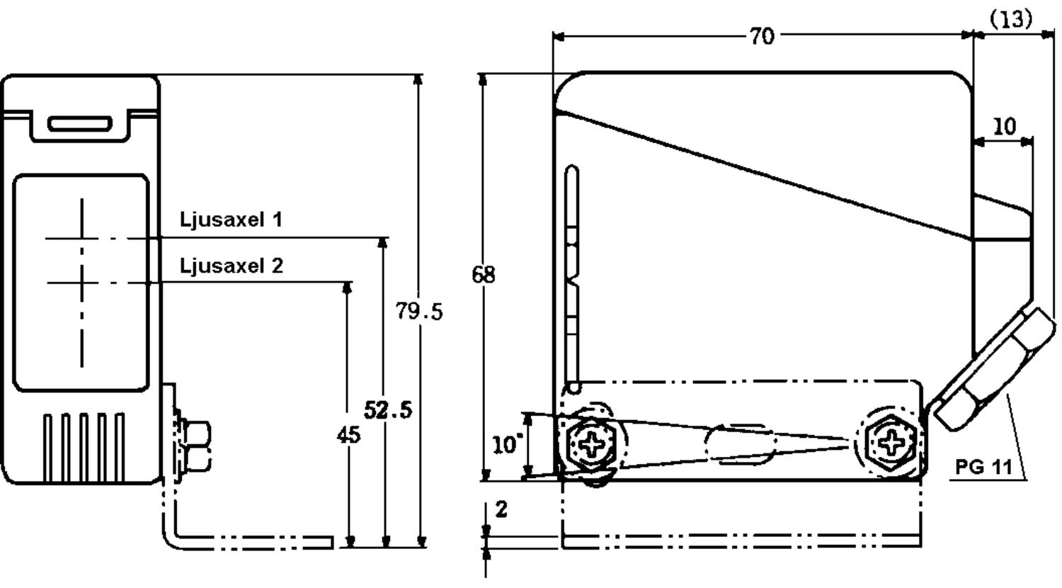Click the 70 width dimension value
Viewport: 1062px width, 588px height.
762,36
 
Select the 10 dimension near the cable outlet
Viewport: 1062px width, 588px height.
1003,127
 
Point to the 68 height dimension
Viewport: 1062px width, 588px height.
484,274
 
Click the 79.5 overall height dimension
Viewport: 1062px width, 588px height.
419,310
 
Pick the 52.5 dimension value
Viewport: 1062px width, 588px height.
388,409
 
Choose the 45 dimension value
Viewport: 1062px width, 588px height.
348,434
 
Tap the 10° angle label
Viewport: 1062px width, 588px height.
507,446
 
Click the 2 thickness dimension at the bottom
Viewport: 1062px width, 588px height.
501,509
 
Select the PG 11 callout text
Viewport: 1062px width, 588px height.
983,467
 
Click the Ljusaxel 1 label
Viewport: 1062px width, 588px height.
232,220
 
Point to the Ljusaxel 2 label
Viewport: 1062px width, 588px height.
232,266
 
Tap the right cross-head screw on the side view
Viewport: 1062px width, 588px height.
891,443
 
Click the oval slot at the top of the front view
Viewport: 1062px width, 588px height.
80,125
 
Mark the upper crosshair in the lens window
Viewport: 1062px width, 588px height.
82,239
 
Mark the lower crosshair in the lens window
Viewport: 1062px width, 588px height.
82,283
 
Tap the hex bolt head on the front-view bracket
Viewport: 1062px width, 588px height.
196,445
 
